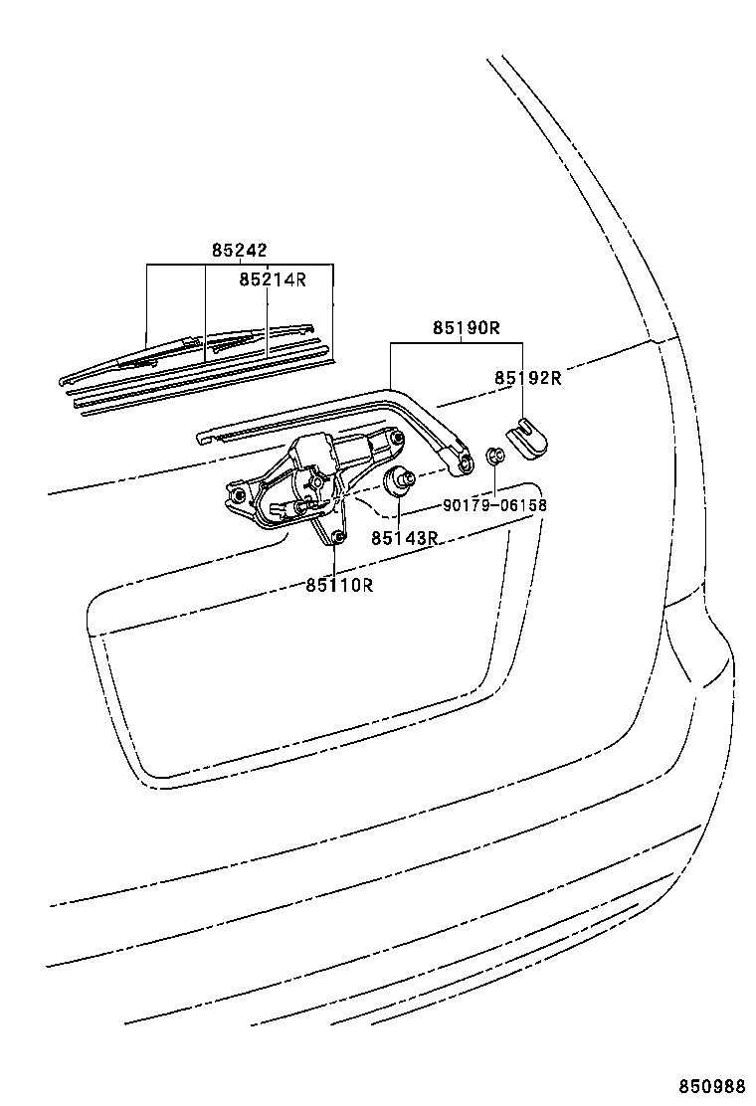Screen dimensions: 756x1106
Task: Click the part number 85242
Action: pyautogui.click(x=239, y=251)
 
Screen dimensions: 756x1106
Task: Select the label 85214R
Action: pyautogui.click(x=273, y=280)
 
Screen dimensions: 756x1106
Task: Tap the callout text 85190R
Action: pyautogui.click(x=467, y=328)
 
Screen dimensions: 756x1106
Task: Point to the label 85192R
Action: pyautogui.click(x=528, y=378)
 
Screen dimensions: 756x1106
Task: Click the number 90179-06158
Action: pyautogui.click(x=495, y=505)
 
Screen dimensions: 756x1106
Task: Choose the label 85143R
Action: pyautogui.click(x=405, y=538)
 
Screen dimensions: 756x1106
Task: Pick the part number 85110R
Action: pyautogui.click(x=339, y=585)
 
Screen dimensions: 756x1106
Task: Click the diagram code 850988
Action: pyautogui.click(x=712, y=1084)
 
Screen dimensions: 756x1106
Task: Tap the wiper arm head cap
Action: pyautogui.click(x=526, y=438)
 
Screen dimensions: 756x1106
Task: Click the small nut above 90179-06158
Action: pyautogui.click(x=495, y=455)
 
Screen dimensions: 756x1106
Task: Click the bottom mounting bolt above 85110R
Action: pyautogui.click(x=337, y=538)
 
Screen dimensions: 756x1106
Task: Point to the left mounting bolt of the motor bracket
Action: pyautogui.click(x=239, y=494)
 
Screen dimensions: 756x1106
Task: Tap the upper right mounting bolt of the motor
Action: pyautogui.click(x=399, y=439)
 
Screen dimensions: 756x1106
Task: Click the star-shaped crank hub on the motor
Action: pyautogui.click(x=313, y=483)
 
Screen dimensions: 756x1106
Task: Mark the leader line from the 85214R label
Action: pyautogui.click(x=268, y=320)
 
